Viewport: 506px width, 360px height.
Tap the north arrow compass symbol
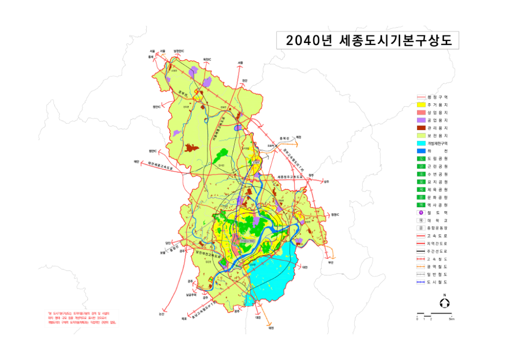click(x=444, y=303)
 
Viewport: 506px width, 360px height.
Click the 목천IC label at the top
click(x=206, y=59)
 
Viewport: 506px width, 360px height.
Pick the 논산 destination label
click(x=161, y=314)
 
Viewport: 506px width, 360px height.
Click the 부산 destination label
click(x=331, y=262)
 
